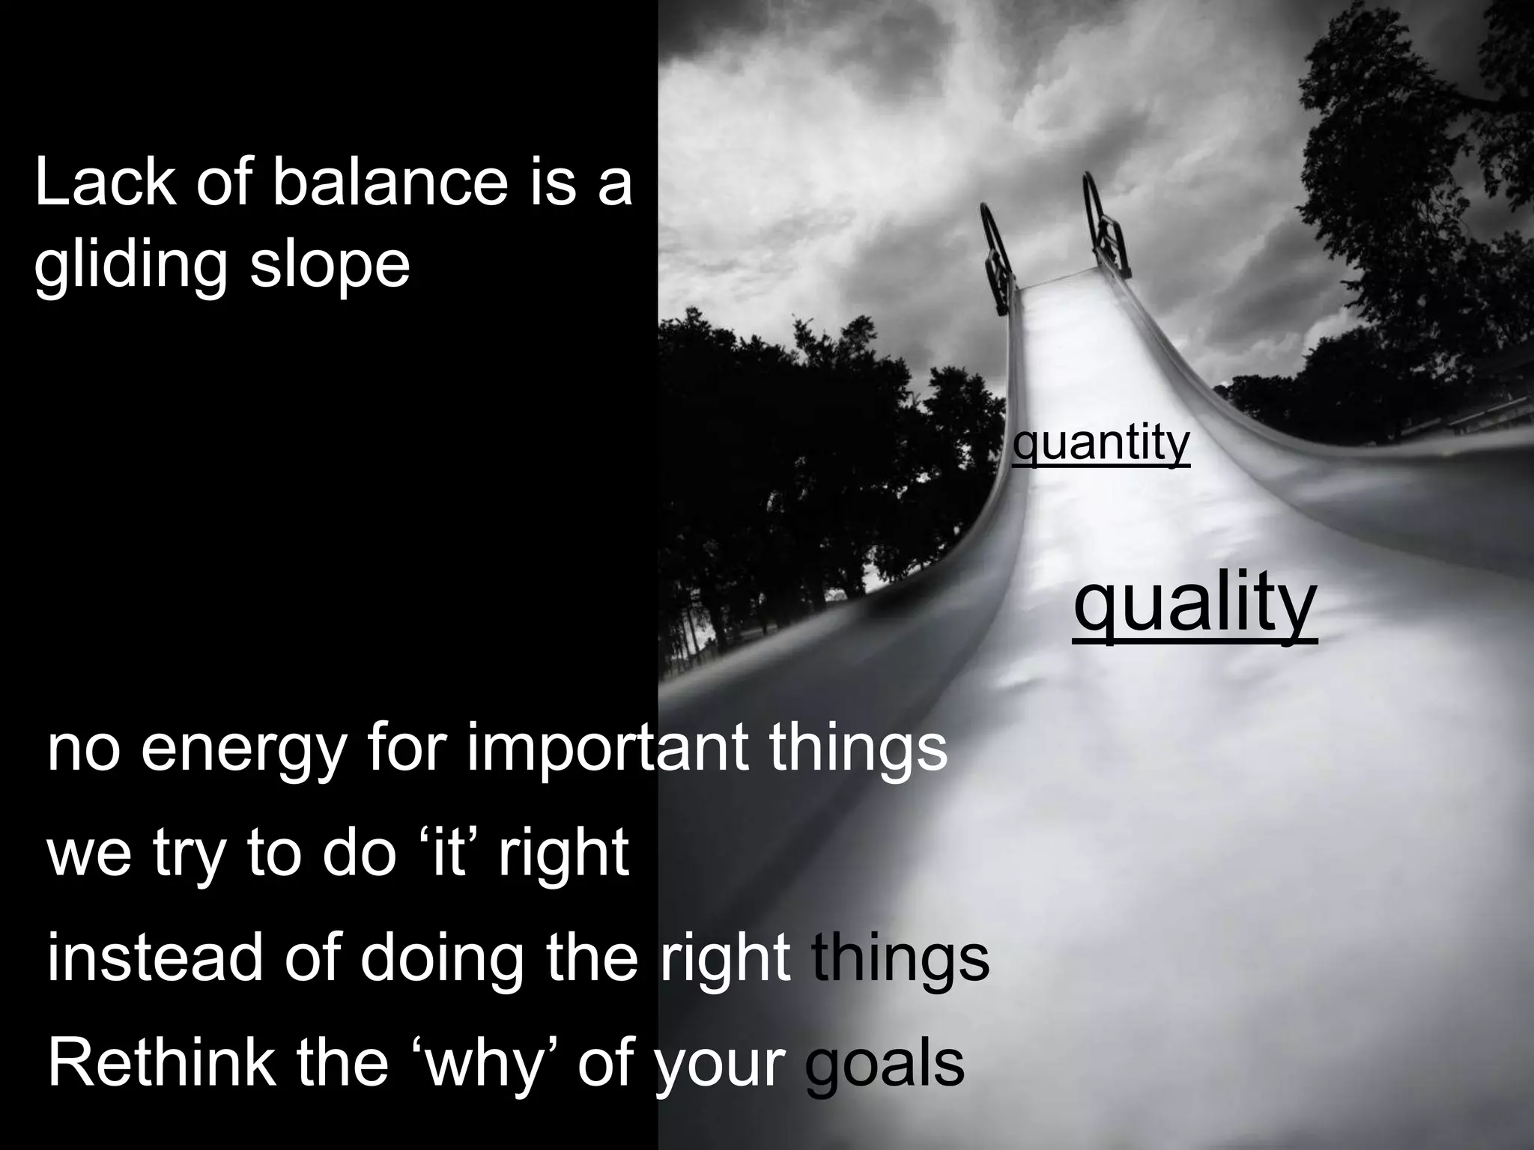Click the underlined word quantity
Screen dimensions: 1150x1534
coord(1100,444)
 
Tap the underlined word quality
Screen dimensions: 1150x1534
coord(1194,603)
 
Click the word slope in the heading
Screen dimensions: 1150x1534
coord(330,267)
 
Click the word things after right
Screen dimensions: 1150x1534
coord(900,961)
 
